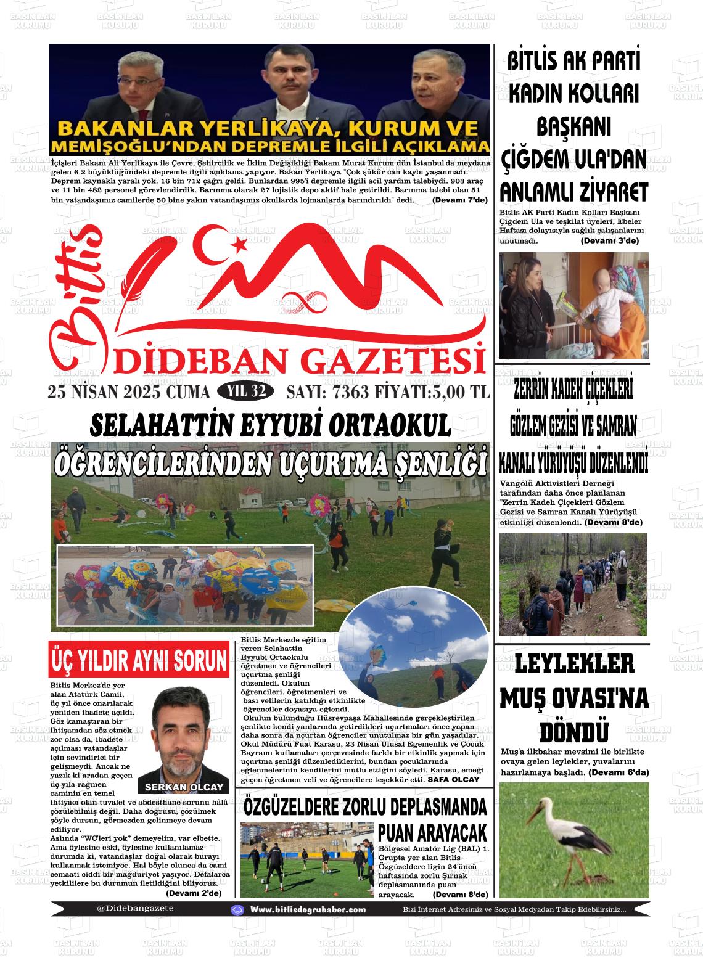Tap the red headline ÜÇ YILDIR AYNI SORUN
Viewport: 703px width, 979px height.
click(139, 662)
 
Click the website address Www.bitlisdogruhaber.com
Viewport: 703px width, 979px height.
click(308, 910)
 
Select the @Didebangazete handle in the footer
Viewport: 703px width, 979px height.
click(135, 908)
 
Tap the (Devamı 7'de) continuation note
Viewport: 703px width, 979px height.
click(459, 200)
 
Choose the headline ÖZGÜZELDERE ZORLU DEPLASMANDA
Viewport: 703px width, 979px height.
click(365, 806)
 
